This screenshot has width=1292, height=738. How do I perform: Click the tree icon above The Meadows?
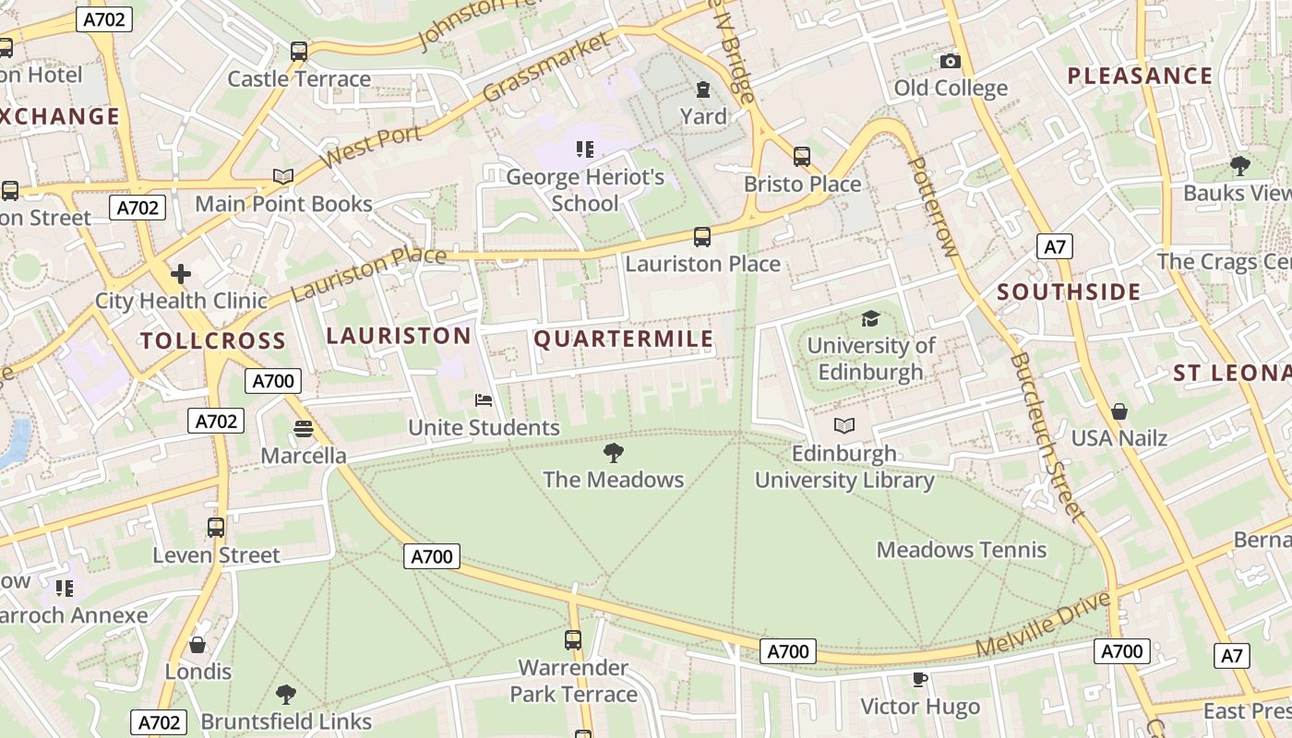tap(613, 452)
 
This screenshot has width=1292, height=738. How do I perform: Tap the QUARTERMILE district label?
tap(624, 339)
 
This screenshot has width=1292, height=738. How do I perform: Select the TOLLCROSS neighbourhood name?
tap(213, 340)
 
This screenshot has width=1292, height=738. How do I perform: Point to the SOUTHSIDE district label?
tap(1069, 292)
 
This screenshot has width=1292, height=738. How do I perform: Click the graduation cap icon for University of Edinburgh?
tap(870, 319)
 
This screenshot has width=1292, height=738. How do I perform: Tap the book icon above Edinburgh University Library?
tap(844, 425)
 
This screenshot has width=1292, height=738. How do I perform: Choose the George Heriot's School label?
tap(585, 190)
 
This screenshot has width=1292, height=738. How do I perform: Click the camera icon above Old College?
tap(951, 62)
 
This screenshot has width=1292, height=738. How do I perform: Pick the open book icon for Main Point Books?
tap(283, 176)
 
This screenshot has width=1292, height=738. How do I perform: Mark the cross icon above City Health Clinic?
tap(181, 273)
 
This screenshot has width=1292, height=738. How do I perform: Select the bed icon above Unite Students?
tap(484, 400)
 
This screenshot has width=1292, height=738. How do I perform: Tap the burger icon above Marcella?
tap(304, 428)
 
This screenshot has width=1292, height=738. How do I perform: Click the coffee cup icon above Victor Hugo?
tap(919, 679)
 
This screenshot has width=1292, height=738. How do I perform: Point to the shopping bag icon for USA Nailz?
tap(1119, 411)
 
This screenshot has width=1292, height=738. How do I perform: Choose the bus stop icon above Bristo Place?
tap(802, 157)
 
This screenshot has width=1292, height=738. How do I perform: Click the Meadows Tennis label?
tap(962, 550)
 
